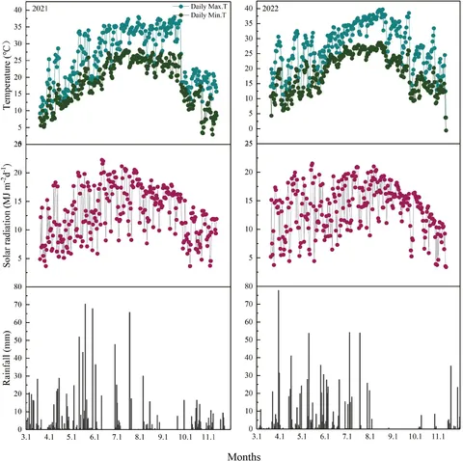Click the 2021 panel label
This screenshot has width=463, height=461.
pos(41,9)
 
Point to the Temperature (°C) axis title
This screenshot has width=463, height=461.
pos(8,71)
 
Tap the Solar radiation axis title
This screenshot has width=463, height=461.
pos(8,214)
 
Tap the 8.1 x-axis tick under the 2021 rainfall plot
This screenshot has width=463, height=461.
pos(140,437)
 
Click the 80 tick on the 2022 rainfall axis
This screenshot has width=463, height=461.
pos(248,286)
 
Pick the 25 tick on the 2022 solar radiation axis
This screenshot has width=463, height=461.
pos(248,144)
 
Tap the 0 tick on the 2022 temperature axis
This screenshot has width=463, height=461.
pos(250,128)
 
